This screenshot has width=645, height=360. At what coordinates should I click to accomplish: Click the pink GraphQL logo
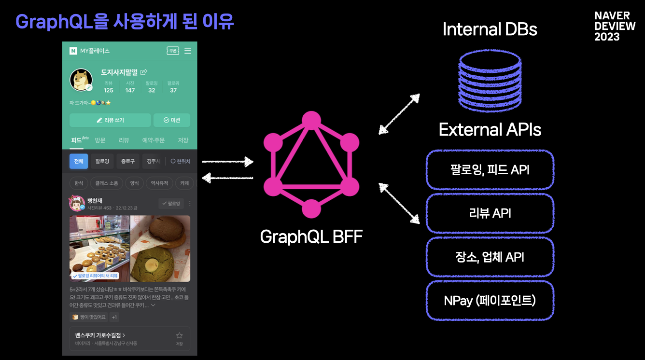point(311,165)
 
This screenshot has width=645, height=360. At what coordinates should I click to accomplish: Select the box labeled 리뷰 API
point(490,213)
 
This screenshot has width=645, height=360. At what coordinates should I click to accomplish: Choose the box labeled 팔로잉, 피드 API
point(490,170)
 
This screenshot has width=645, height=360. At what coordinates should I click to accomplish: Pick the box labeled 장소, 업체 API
point(490,257)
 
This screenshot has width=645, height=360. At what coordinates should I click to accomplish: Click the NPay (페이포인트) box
point(490,301)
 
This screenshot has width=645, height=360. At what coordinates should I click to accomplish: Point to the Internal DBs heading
point(490,29)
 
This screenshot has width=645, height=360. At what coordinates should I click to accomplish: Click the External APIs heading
point(490,129)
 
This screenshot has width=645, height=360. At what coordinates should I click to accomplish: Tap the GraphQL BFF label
point(311,236)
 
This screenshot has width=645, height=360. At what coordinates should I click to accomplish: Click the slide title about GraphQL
point(125,22)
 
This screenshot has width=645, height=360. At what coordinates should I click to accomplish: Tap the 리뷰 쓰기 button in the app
point(110,120)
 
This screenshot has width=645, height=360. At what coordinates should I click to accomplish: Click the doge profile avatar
point(81,80)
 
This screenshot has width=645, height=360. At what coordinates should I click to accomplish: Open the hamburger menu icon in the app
point(188,51)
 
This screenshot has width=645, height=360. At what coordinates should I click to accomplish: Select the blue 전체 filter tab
point(79,161)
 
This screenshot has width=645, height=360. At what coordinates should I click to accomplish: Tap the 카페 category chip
point(184,183)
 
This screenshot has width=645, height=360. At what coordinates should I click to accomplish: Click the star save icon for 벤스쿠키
point(179,336)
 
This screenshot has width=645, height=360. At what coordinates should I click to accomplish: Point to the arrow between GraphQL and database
point(399,113)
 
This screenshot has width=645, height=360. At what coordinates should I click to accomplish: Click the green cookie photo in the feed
point(160,249)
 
